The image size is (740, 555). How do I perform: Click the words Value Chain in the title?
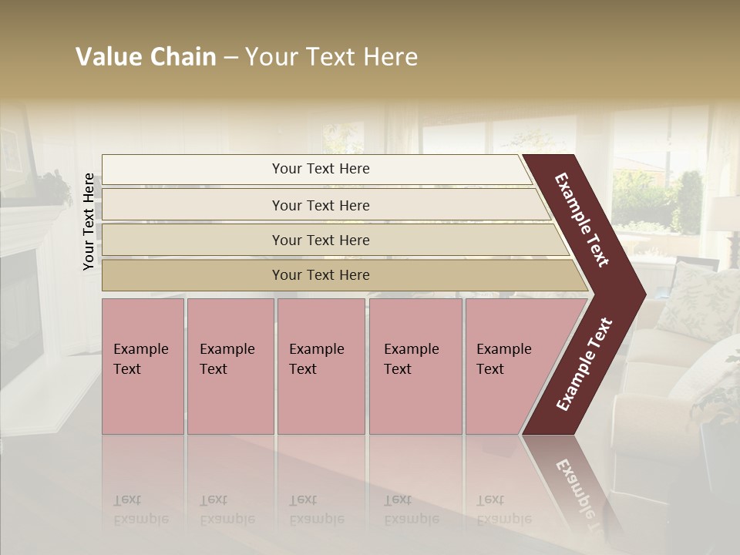click(146, 57)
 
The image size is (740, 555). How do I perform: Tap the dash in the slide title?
click(230, 58)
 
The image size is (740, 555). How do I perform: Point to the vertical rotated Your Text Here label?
click(89, 221)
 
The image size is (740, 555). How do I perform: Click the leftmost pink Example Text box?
click(143, 366)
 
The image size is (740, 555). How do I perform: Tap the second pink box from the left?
click(230, 366)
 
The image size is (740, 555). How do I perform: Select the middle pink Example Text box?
click(321, 366)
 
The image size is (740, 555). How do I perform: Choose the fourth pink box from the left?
click(415, 366)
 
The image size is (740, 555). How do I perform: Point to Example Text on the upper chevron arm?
click(582, 220)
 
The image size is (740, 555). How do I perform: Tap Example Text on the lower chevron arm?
click(584, 365)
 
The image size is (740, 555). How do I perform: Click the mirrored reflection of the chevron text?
click(580, 493)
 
